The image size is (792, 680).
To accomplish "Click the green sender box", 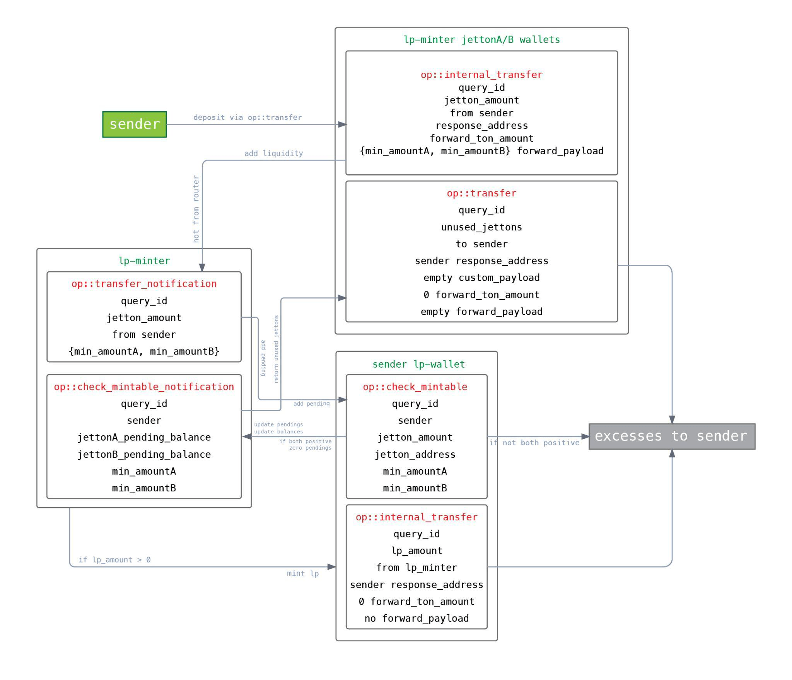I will (134, 124).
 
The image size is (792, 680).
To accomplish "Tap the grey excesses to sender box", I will (671, 436).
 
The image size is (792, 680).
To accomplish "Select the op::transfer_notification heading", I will (144, 284).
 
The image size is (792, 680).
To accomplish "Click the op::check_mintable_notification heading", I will (144, 387).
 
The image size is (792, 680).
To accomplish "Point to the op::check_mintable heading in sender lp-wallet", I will (415, 387).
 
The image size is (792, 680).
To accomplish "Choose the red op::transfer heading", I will (481, 193).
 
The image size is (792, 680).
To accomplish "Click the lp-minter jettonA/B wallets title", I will (481, 40).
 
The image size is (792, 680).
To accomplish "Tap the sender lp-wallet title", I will (418, 364).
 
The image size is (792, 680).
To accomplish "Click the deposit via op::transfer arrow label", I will (247, 118).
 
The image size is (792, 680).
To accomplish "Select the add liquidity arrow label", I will (273, 153).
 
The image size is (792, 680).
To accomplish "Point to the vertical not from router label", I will (196, 209).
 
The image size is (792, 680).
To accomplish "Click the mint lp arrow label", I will (303, 574).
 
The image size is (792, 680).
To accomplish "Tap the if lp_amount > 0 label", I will (114, 560).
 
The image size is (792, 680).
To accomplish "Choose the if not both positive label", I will (534, 443).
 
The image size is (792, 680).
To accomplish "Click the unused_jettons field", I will (481, 227).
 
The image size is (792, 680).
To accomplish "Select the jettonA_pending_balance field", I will (144, 438).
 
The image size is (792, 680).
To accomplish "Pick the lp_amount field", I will (416, 551).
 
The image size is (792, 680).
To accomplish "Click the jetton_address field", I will (415, 455).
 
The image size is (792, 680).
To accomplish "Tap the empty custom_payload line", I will (481, 278).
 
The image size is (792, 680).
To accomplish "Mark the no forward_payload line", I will (416, 619).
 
